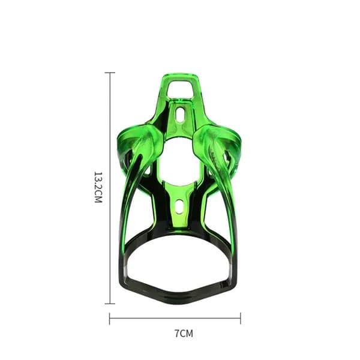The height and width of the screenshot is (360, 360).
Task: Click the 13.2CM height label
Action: coord(98,187)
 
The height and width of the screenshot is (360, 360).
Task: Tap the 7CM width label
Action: coord(184,334)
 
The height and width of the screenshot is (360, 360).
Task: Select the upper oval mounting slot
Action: coord(180,114)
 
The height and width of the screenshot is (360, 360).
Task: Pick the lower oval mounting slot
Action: coord(179,206)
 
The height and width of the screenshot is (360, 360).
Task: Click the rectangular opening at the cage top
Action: coord(180,89)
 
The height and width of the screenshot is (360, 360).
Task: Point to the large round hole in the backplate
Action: coord(180,161)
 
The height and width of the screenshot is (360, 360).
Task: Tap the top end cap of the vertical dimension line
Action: coord(110,73)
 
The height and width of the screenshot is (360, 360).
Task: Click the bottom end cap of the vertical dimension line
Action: coord(110,304)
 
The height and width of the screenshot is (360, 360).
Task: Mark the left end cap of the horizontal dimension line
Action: coord(110,319)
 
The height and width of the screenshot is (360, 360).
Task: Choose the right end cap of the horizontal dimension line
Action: coord(241,319)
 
